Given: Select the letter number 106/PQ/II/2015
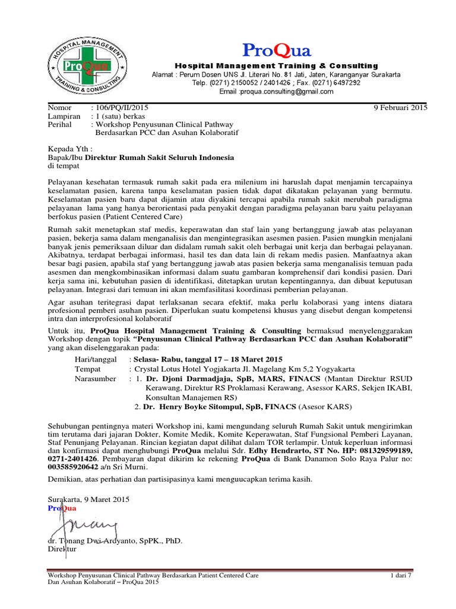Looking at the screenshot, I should (119, 108).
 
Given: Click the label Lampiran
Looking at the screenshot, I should (63, 117).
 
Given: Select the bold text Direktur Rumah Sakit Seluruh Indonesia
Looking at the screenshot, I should (160, 158).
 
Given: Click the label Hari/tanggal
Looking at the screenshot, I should (96, 360).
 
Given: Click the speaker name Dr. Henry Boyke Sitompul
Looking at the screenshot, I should (195, 407).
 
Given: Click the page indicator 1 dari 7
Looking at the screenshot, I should (401, 576).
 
